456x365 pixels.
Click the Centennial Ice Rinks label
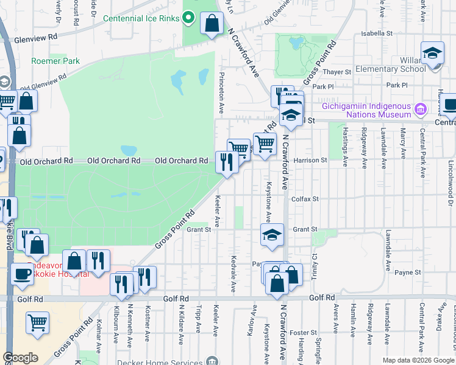[x=141, y=18]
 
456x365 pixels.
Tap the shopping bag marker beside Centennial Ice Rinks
[x=212, y=24]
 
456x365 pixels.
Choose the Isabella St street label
[x=376, y=33]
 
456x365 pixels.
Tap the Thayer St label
[x=340, y=72]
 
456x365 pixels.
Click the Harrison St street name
[x=310, y=161]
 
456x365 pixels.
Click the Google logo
[x=20, y=358]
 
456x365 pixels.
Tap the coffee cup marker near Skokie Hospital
[x=23, y=274]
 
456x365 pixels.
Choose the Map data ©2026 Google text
[x=418, y=360]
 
